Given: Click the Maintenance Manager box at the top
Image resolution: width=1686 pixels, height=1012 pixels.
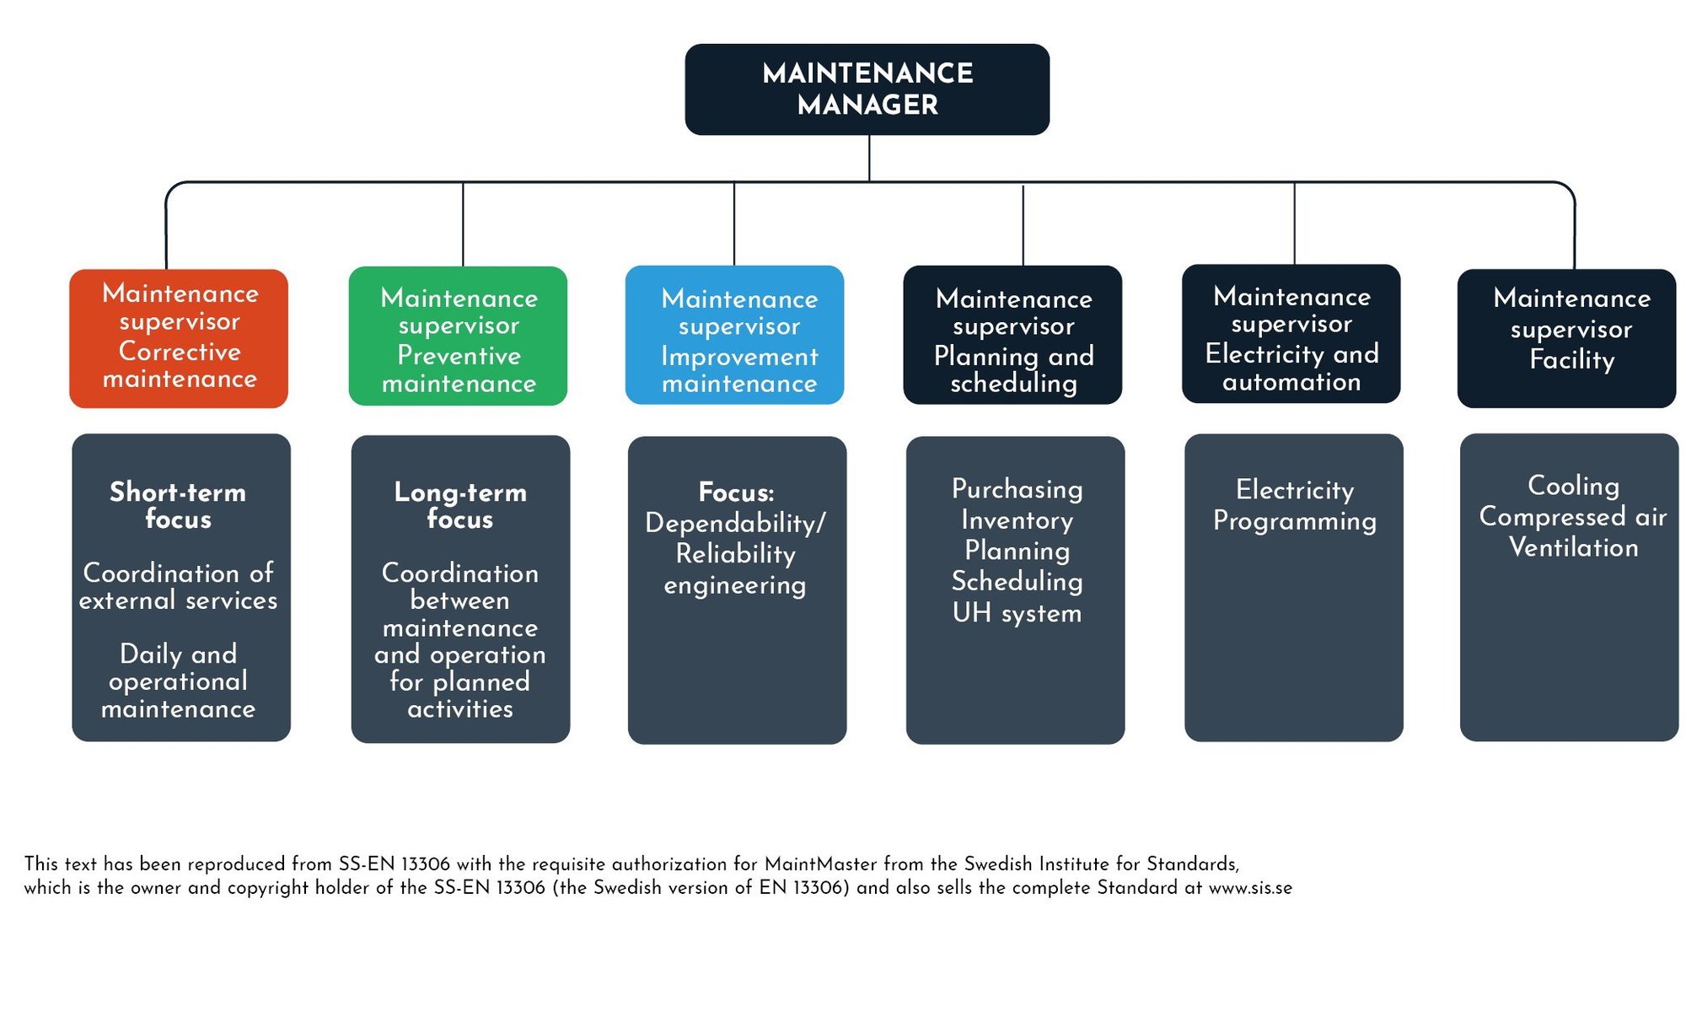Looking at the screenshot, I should click(867, 89).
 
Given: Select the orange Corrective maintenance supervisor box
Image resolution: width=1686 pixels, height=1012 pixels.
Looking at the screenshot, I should click(179, 337).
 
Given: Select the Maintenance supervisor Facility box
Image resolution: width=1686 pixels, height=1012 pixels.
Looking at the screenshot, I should click(1566, 337).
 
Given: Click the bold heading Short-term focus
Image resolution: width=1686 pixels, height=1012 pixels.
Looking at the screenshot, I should click(178, 504).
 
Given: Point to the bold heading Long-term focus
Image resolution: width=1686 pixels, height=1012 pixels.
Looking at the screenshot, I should click(460, 504).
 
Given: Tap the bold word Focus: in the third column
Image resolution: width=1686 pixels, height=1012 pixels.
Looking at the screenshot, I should click(736, 492).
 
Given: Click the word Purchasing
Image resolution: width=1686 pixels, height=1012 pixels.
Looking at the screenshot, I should click(1017, 489).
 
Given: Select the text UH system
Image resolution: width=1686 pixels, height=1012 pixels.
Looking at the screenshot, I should click(1017, 613).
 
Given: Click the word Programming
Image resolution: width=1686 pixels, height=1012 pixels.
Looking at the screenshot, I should click(1295, 521).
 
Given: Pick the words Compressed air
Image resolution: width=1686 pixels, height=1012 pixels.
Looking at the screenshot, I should click(1573, 516).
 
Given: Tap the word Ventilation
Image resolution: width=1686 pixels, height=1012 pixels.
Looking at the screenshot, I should click(1573, 547).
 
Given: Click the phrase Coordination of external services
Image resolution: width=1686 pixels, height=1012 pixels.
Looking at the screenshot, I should click(178, 586).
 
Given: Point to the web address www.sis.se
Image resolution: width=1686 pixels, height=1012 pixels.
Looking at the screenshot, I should click(1250, 888).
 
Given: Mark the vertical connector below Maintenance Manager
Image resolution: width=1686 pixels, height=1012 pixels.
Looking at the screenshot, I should click(869, 158).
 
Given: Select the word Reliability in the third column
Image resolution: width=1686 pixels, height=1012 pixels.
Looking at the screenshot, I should click(736, 554).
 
